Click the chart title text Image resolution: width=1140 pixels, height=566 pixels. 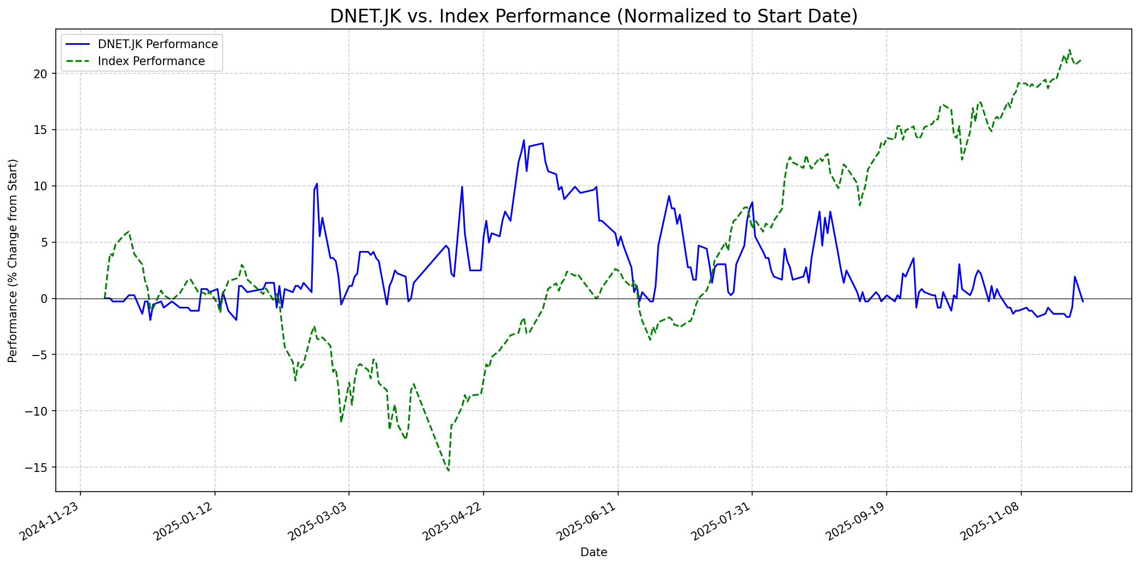(594, 16)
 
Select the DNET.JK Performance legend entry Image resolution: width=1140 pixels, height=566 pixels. (158, 44)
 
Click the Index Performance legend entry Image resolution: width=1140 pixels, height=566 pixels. (151, 61)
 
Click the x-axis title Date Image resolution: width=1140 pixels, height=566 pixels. (594, 552)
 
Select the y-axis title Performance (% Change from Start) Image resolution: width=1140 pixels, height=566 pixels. (13, 260)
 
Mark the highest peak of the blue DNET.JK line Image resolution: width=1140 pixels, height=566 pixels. (524, 140)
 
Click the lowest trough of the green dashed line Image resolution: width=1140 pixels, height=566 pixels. (449, 470)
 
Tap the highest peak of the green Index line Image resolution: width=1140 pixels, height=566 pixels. (1069, 50)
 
